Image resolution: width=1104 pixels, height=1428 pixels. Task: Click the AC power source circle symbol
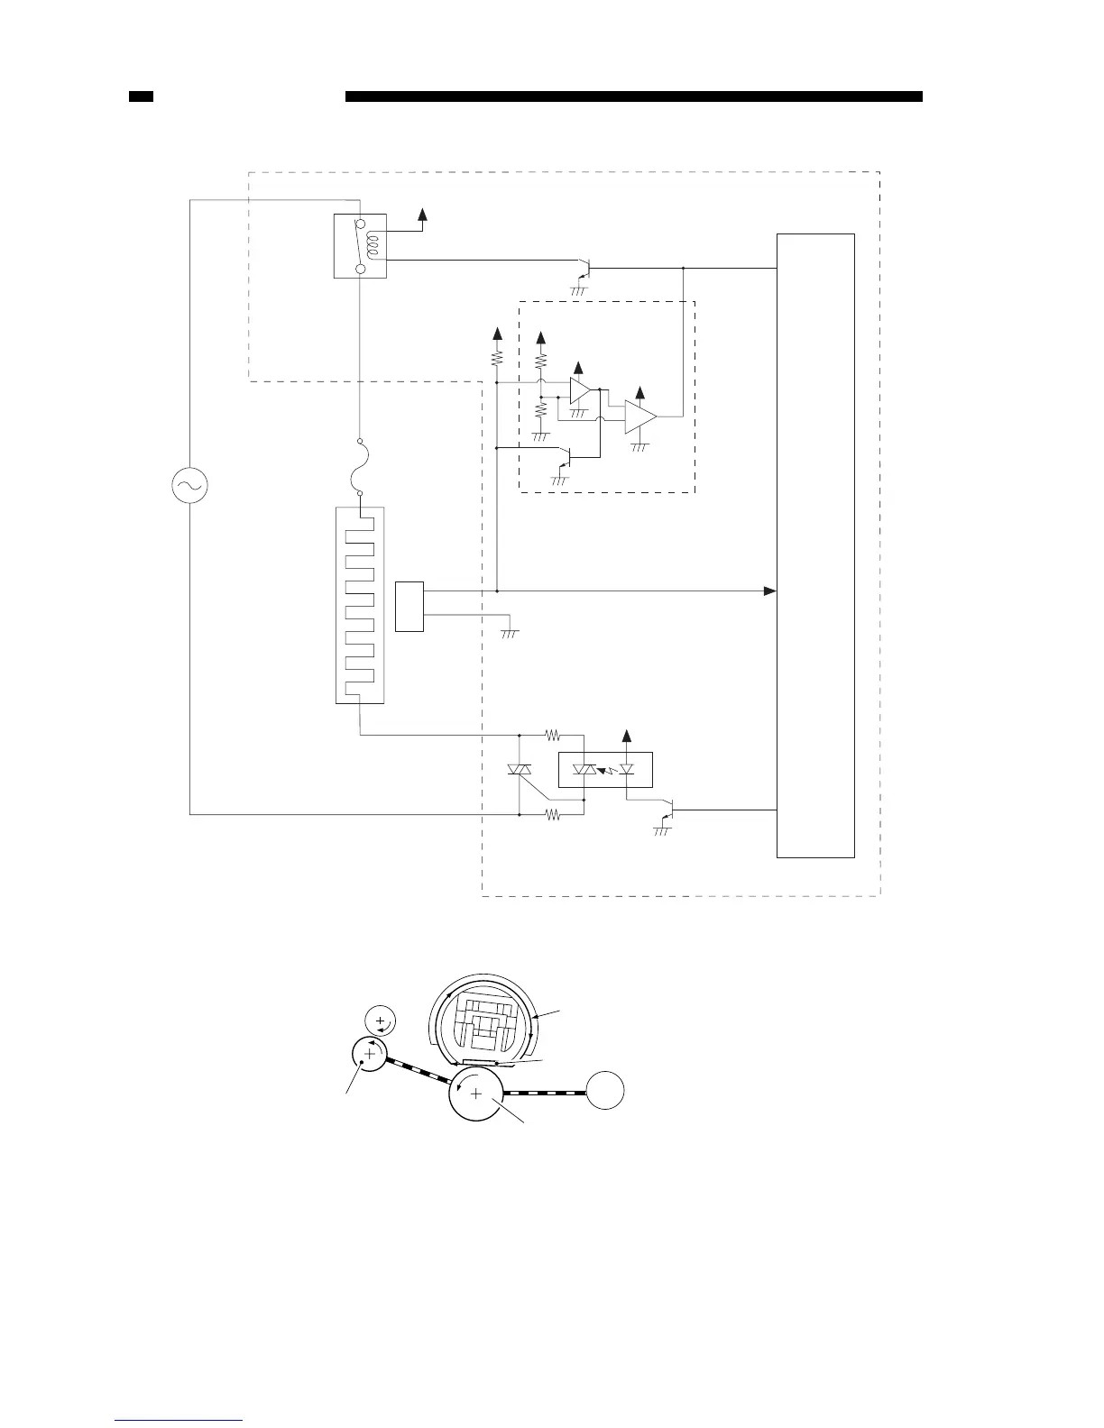tap(189, 486)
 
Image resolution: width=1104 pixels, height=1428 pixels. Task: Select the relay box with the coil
tap(360, 245)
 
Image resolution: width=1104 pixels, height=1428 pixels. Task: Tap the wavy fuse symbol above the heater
tap(360, 467)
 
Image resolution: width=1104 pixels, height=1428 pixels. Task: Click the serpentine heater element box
tap(359, 605)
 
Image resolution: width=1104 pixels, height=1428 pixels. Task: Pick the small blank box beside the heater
tap(409, 607)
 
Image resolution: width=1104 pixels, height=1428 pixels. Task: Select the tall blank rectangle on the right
tap(815, 545)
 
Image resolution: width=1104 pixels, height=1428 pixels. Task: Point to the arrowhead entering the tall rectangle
tap(769, 591)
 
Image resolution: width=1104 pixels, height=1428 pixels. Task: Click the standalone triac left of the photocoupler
tap(520, 770)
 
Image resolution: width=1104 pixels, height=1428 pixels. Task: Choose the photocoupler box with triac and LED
tap(604, 769)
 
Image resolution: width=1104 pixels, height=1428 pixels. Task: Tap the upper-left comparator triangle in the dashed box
tap(581, 391)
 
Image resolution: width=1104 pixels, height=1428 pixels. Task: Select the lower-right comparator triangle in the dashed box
tap(640, 417)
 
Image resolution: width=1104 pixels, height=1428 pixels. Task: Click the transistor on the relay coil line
tap(584, 268)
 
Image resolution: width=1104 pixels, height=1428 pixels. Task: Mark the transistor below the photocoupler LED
tap(668, 810)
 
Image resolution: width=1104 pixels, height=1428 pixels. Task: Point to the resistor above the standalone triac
tap(553, 735)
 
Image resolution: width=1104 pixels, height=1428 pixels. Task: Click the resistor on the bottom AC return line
tap(553, 815)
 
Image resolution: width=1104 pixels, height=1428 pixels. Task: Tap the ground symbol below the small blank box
tap(510, 634)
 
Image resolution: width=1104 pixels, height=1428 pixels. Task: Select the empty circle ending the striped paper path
tap(606, 1093)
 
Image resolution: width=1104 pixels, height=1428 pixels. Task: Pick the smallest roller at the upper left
tap(380, 1021)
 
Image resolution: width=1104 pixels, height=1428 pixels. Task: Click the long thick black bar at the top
tap(633, 96)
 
